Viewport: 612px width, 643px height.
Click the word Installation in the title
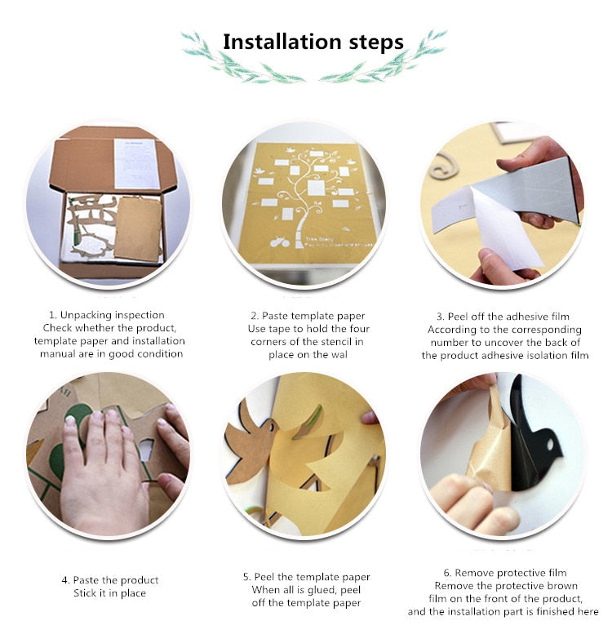tap(282, 42)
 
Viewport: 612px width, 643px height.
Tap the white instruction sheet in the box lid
tap(136, 164)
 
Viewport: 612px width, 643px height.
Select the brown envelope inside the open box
tap(139, 228)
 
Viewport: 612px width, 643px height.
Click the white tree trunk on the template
tap(302, 229)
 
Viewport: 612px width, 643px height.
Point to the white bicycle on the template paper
tap(280, 242)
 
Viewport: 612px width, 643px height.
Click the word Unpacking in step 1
tap(86, 315)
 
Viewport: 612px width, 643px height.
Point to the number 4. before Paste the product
tap(65, 580)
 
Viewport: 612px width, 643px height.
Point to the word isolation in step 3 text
tap(539, 355)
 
